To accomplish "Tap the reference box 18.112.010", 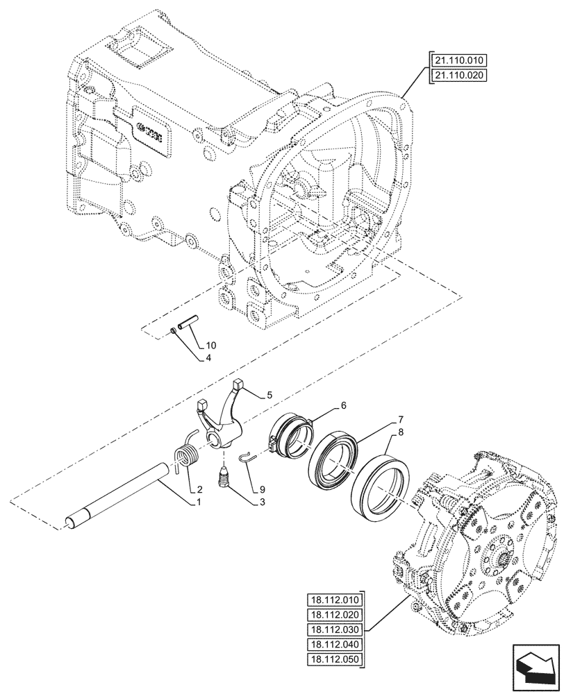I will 334,600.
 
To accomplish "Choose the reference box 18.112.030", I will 334,629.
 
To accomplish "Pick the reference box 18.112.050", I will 334,659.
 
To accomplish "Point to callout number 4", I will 208,359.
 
